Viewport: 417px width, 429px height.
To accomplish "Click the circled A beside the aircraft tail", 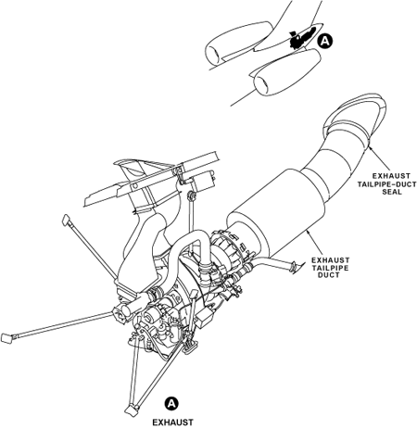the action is click(x=325, y=41).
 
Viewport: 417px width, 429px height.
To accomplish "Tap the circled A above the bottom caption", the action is click(x=171, y=404).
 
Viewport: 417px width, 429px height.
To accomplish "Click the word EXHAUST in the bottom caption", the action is click(x=173, y=423).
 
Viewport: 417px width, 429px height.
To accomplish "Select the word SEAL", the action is click(x=392, y=192).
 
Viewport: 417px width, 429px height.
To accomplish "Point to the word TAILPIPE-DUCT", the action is click(x=387, y=184).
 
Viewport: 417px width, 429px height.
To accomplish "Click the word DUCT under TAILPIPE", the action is click(x=329, y=274).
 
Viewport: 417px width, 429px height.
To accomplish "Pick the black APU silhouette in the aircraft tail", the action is click(x=302, y=37).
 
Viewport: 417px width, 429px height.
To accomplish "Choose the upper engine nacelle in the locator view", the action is click(x=238, y=44).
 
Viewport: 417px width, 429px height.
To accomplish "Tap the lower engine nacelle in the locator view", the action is click(x=287, y=71).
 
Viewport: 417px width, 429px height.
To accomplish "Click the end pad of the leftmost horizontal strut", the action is click(x=6, y=338).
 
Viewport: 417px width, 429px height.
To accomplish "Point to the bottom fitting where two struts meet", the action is click(x=133, y=410).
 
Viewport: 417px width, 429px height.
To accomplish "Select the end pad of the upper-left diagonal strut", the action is click(x=67, y=220).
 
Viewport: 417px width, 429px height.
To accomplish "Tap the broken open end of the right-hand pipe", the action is click(x=294, y=267).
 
